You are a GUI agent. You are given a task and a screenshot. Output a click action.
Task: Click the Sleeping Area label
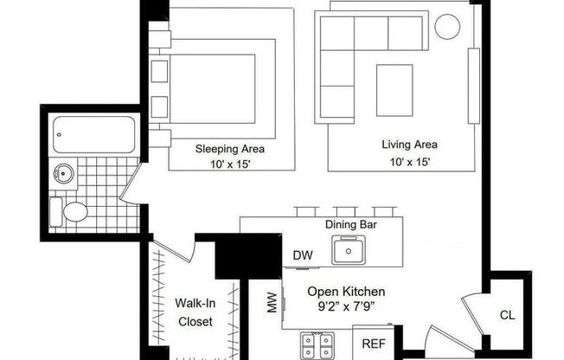click(x=229, y=148)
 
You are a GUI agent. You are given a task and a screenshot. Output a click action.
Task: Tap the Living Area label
click(x=409, y=145)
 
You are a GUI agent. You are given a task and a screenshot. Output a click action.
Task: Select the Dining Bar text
click(x=350, y=225)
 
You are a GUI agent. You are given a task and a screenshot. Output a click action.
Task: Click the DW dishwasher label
click(x=303, y=255)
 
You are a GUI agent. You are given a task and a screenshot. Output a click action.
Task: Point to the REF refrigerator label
click(x=373, y=344)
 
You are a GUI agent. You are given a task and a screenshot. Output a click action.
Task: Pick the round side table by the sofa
click(x=447, y=27)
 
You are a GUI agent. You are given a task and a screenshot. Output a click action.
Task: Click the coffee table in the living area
click(x=394, y=89)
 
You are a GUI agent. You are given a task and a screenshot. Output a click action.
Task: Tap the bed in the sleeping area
click(x=212, y=91)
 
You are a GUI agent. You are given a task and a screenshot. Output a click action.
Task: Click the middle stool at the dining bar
click(x=345, y=211)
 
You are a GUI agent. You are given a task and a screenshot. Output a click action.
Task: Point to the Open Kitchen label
click(x=346, y=292)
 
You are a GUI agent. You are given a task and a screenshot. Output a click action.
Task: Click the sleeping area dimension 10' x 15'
click(x=229, y=163)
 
